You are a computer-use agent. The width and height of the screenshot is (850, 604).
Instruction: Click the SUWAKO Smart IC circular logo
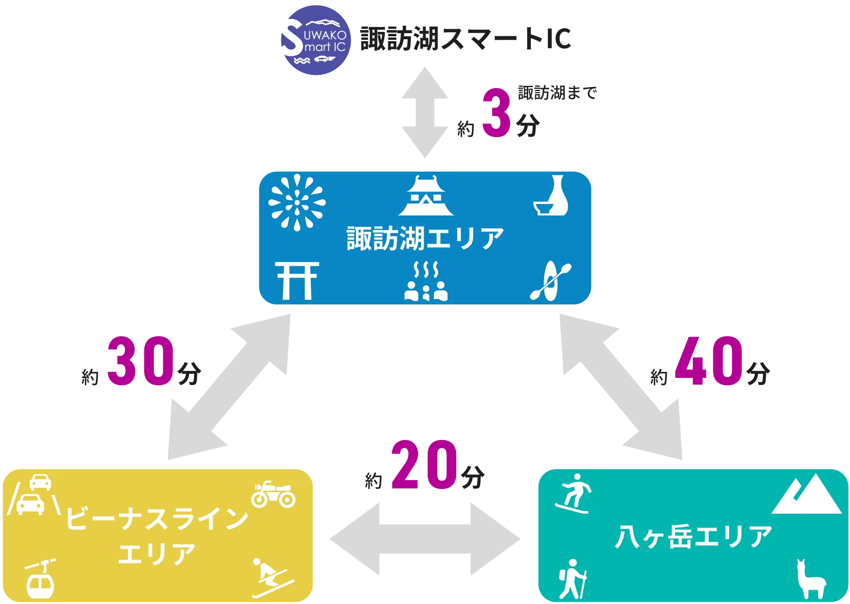pos(315,40)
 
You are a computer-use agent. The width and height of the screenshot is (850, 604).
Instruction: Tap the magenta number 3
pos(496,113)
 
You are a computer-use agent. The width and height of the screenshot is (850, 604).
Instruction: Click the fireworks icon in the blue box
pos(297,202)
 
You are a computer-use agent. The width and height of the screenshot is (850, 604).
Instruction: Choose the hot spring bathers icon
pos(426,281)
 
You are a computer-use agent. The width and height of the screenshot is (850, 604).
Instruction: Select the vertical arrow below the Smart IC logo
pos(425,112)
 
